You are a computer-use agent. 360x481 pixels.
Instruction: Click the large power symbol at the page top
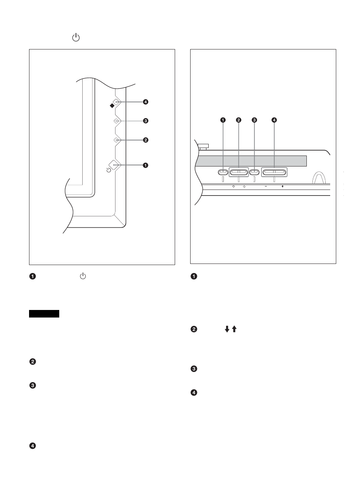tap(76, 37)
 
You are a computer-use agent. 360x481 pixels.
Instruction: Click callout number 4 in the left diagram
tap(145, 102)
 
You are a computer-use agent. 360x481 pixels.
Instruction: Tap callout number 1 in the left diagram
tap(145, 165)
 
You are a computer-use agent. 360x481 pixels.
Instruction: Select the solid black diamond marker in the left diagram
tap(112, 106)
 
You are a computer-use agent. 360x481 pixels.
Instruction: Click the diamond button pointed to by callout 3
tap(116, 121)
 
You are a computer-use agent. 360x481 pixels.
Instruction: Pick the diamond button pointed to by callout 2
tap(116, 140)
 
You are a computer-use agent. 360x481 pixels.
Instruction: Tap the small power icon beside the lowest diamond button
tap(109, 170)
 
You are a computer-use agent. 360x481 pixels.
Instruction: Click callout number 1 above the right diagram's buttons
tap(223, 120)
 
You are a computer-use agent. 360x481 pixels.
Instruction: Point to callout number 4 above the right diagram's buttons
tap(274, 120)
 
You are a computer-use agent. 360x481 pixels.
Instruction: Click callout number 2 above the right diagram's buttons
tap(238, 120)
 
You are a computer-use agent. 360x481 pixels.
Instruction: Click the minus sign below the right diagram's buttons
tap(266, 187)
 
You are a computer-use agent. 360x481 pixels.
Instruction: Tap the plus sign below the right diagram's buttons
tap(282, 187)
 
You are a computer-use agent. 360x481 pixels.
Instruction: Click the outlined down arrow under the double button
tap(234, 187)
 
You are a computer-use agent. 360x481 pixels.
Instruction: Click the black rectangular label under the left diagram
tap(44, 314)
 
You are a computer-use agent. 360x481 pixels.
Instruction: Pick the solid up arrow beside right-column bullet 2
tap(234, 329)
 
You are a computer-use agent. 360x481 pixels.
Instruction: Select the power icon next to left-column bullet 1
tap(83, 276)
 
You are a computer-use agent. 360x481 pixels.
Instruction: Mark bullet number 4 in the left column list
tap(32, 446)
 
